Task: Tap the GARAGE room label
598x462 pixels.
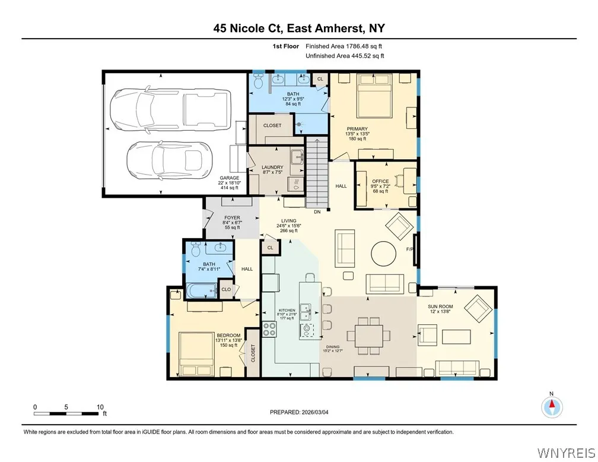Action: click(x=229, y=178)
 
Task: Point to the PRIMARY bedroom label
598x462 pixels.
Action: click(x=358, y=129)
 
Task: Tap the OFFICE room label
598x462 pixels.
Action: click(x=380, y=182)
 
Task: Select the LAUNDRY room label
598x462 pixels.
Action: click(x=273, y=167)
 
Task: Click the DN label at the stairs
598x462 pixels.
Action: click(x=317, y=211)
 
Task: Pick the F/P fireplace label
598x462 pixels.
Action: click(x=409, y=249)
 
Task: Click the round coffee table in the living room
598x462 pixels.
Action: click(x=384, y=254)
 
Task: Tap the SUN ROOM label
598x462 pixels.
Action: click(x=441, y=308)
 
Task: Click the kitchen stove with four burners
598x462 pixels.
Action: click(x=269, y=328)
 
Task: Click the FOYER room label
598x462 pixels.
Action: click(x=232, y=218)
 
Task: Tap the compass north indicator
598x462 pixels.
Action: click(x=552, y=406)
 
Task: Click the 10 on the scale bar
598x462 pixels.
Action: click(x=98, y=407)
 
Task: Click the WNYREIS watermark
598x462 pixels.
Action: click(x=565, y=453)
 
